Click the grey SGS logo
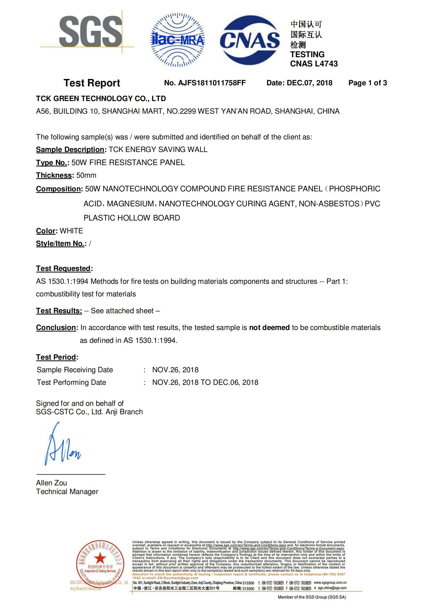[x=90, y=32]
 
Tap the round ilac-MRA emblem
[x=177, y=40]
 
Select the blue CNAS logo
[x=249, y=40]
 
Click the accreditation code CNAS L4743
[x=314, y=64]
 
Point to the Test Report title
[x=92, y=83]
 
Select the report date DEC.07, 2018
[x=309, y=83]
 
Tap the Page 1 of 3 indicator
[x=367, y=83]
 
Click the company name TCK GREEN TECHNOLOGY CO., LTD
[x=101, y=99]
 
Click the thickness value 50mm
[x=86, y=175]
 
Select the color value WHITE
[x=71, y=231]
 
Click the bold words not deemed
[x=269, y=328]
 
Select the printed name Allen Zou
[x=51, y=483]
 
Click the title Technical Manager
[x=67, y=491]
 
